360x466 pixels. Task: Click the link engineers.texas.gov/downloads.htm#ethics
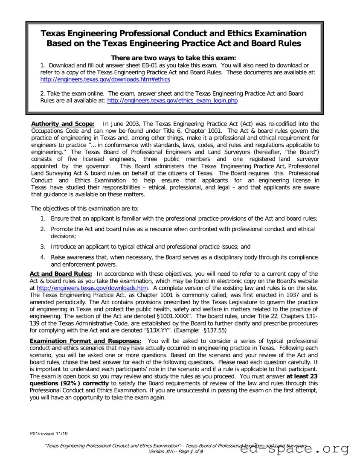pos(105,79)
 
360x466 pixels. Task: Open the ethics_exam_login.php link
pos(172,101)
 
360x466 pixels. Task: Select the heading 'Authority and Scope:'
pos(63,124)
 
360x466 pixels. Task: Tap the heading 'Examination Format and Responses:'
pos(85,341)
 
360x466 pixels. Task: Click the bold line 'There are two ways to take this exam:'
pos(173,58)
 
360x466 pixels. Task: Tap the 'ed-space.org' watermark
pos(295,449)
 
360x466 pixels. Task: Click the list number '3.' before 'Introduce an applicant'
pos(43,246)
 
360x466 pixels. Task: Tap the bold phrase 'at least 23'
pos(302,376)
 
